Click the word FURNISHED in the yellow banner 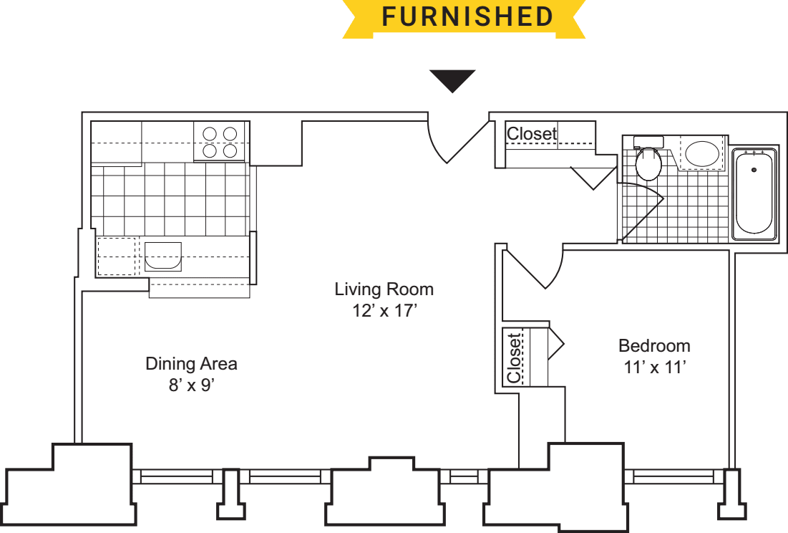[x=467, y=16]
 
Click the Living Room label [x=384, y=289]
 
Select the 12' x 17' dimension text [x=384, y=311]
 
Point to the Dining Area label [x=191, y=363]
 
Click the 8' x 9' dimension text [x=192, y=385]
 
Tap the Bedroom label [x=654, y=346]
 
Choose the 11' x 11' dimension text [x=654, y=367]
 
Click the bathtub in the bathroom [x=754, y=193]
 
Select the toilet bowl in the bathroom [x=648, y=164]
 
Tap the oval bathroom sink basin [x=702, y=154]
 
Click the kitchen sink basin [x=163, y=256]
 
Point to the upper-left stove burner [x=210, y=134]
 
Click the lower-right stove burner [x=230, y=151]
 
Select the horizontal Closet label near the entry [x=532, y=134]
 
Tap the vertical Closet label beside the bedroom [x=514, y=358]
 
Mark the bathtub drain [x=754, y=170]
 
